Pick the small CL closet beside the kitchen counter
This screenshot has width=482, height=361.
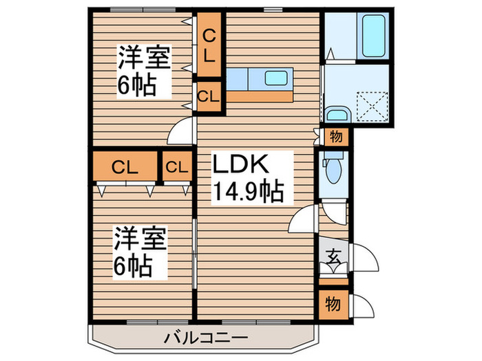click(209, 96)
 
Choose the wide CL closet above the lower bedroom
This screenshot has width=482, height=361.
click(125, 166)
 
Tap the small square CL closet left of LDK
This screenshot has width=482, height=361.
click(177, 166)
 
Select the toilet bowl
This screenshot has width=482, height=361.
click(333, 169)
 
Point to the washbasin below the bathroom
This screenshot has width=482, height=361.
click(337, 114)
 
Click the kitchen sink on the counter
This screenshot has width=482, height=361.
click(277, 78)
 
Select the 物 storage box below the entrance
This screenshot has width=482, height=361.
click(333, 301)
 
